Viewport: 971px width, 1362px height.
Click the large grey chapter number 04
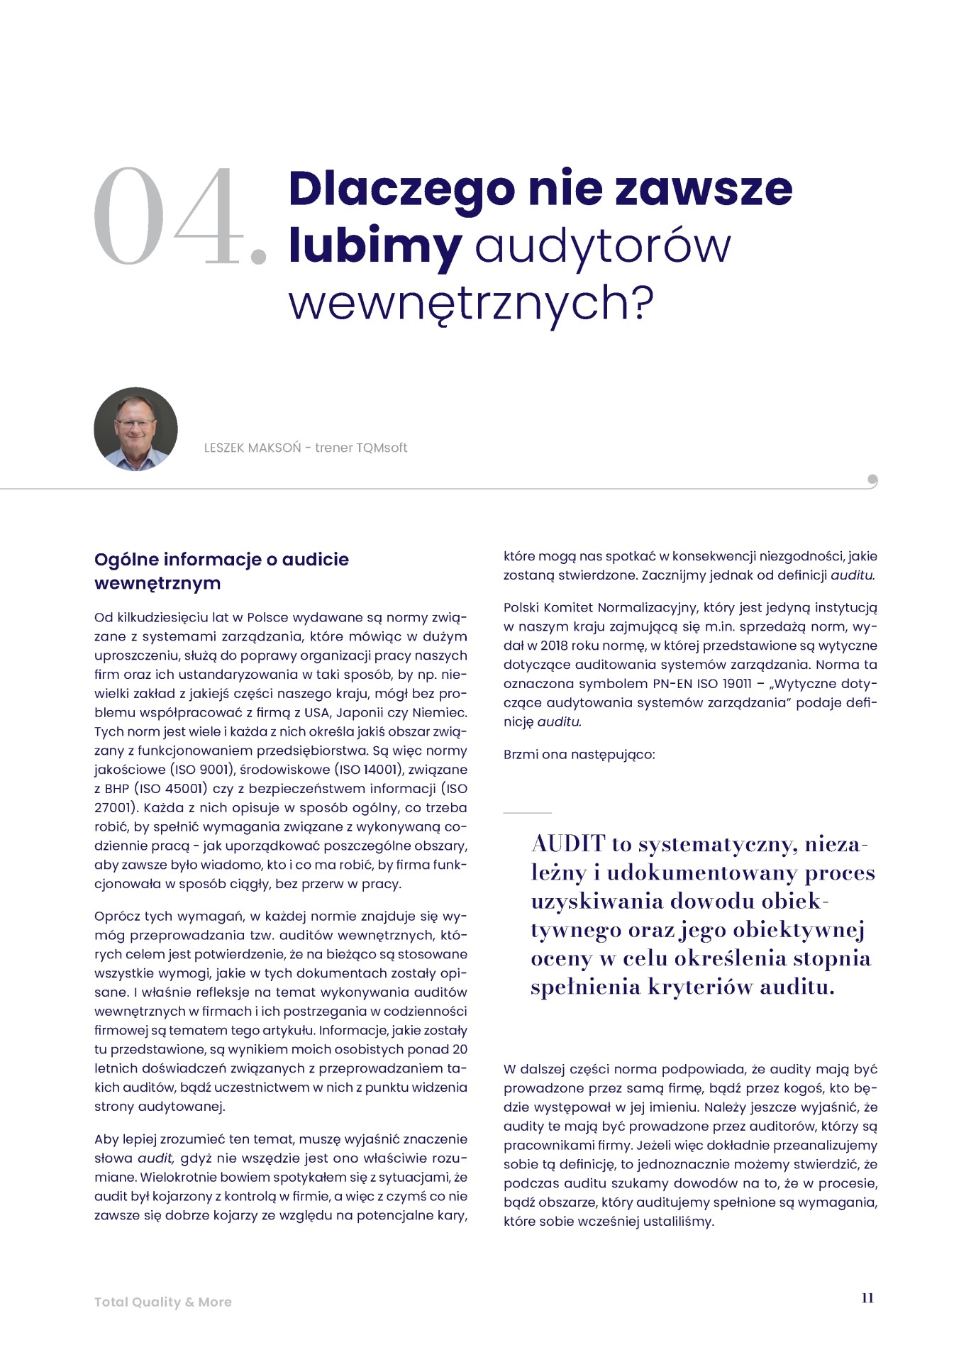tap(180, 217)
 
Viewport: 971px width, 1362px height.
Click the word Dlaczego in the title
tap(401, 189)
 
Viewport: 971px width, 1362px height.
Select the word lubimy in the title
tap(374, 247)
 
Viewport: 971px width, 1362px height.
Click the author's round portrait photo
tap(135, 429)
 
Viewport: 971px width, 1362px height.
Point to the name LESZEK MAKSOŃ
tap(252, 448)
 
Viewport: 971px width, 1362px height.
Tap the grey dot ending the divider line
tap(872, 480)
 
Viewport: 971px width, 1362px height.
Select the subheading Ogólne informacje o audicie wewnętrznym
tap(221, 571)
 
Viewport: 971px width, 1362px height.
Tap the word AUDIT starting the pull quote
tap(568, 844)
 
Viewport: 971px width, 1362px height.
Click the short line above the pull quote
tap(527, 812)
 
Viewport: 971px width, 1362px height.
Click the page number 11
tap(867, 1298)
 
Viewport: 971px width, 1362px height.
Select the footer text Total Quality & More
tap(163, 1302)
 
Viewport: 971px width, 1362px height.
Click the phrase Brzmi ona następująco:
tap(579, 755)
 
